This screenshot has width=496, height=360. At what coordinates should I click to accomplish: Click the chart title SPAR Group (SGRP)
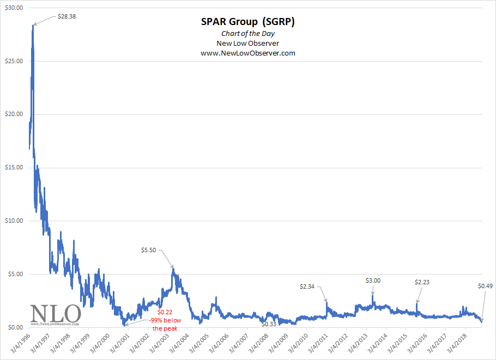[x=247, y=22]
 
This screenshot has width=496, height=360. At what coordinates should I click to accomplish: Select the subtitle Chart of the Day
[x=247, y=33]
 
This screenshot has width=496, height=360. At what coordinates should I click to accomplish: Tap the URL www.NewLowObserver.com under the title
[x=247, y=53]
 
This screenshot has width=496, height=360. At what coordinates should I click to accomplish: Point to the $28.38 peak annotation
[x=66, y=16]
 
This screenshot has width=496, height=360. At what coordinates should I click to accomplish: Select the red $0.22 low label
[x=165, y=312]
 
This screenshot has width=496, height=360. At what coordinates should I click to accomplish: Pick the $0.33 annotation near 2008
[x=269, y=324]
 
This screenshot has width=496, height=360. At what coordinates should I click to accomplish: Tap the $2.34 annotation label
[x=310, y=286]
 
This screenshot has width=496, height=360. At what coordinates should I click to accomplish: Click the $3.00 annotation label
[x=373, y=280]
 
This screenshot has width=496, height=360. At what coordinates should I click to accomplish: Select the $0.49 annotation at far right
[x=485, y=286]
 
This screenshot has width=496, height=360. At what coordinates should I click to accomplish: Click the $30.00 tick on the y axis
[x=13, y=8]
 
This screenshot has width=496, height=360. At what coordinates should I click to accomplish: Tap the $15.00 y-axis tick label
[x=13, y=167]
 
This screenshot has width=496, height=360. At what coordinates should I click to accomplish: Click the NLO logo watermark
[x=55, y=314]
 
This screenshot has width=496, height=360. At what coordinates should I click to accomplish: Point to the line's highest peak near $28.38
[x=33, y=26]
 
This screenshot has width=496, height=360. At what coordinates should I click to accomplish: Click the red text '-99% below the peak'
[x=165, y=325]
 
